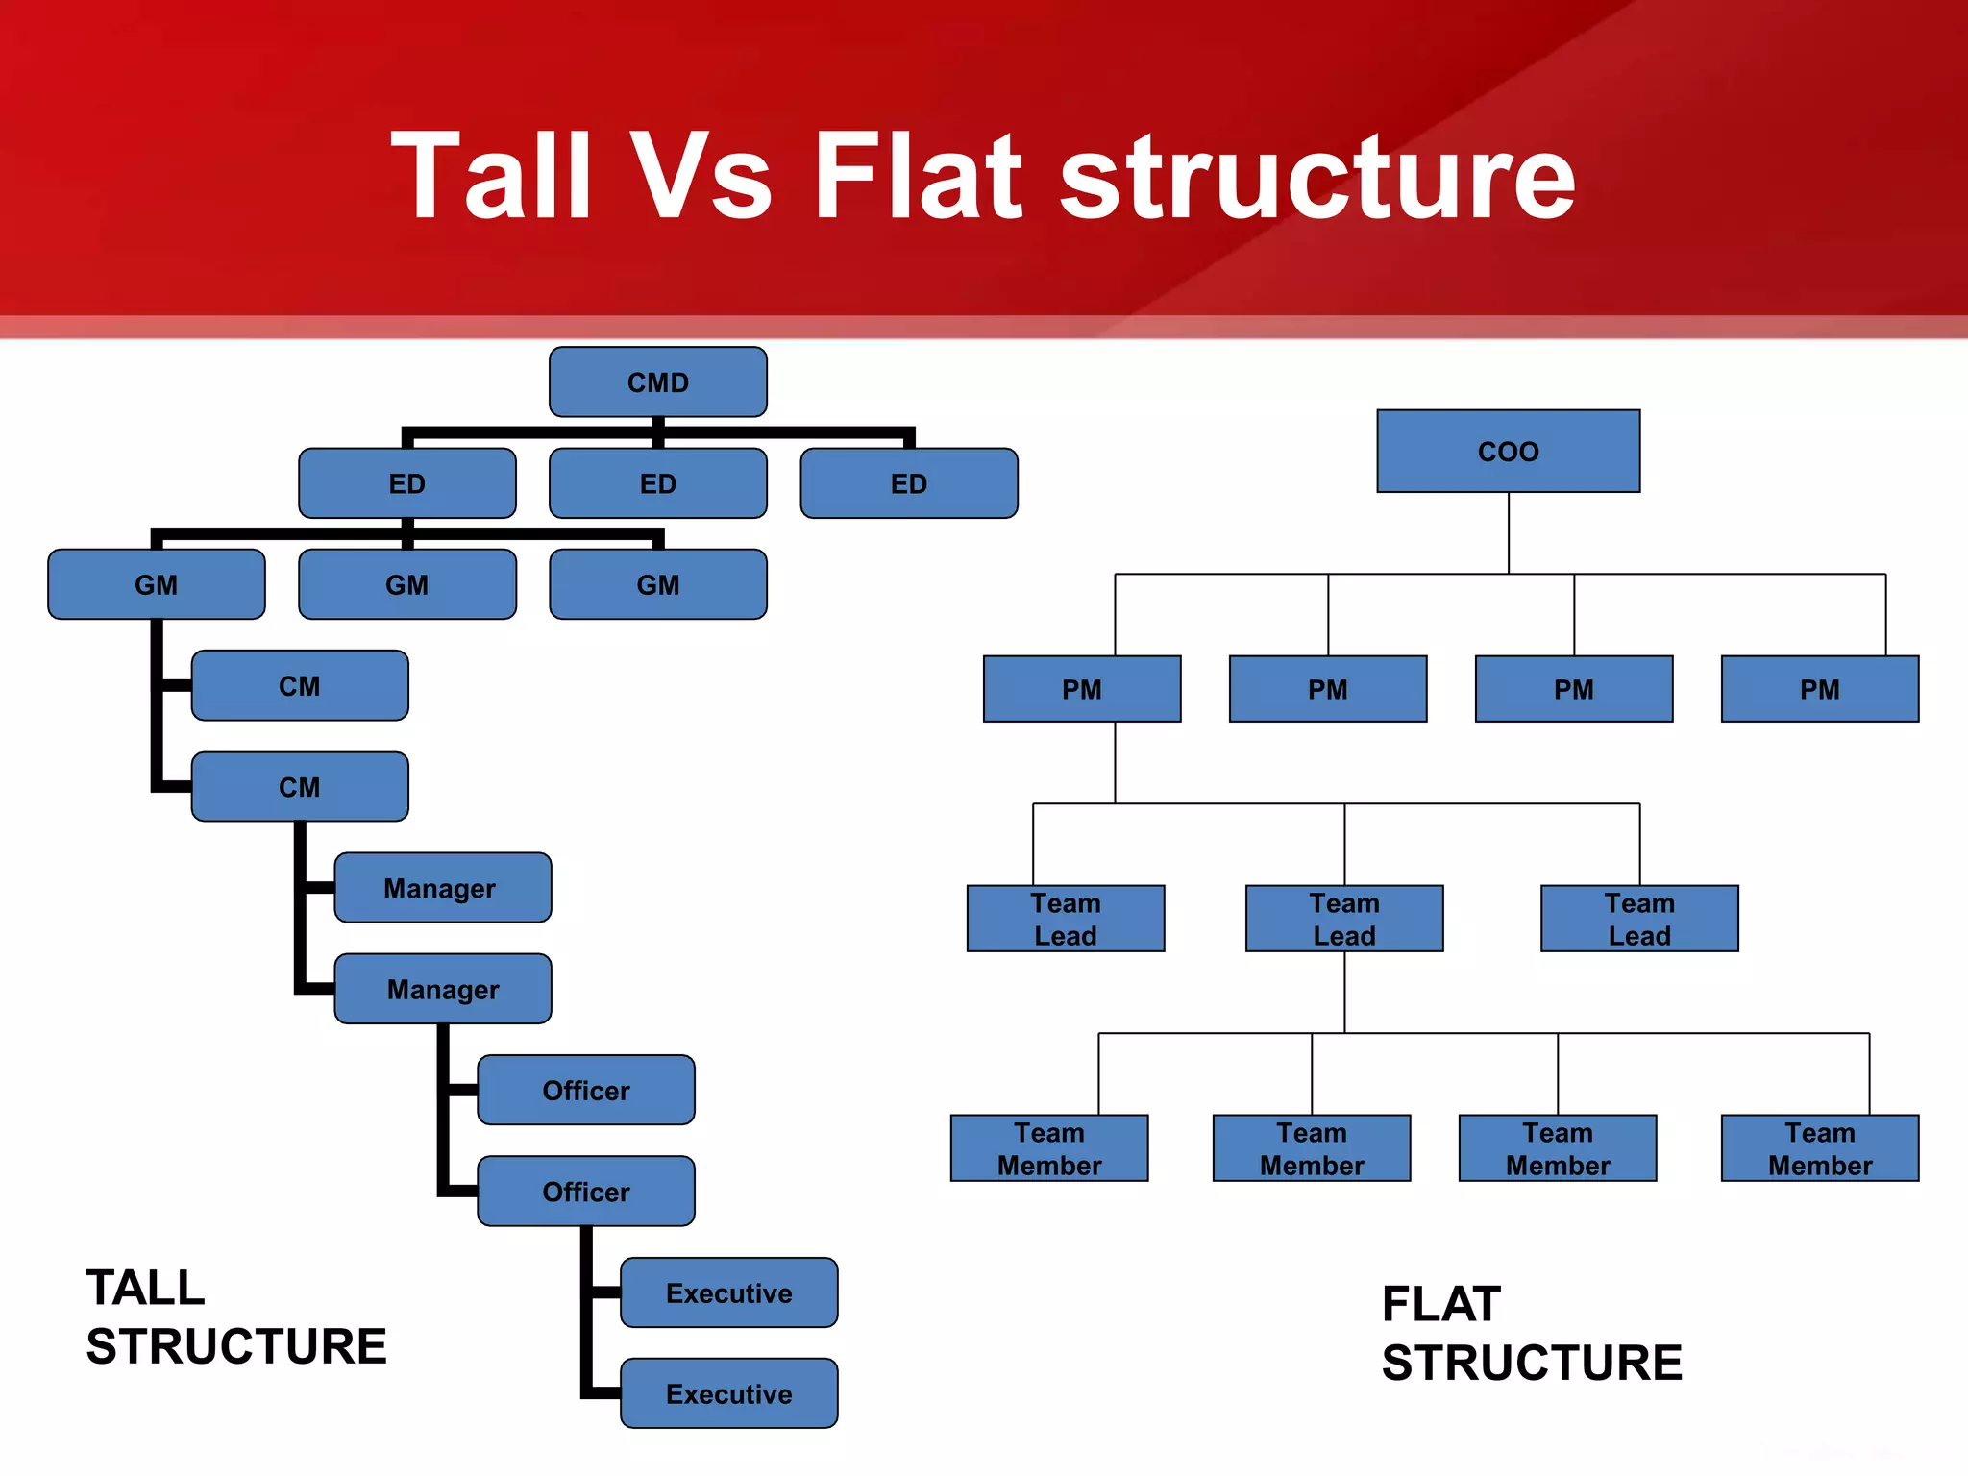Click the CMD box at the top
[x=657, y=381]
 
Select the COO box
[x=1508, y=451]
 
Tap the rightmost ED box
[x=908, y=483]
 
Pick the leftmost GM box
[x=156, y=584]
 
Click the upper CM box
[x=299, y=685]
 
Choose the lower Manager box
[x=442, y=989]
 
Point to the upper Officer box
[x=585, y=1090]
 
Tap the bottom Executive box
[x=728, y=1393]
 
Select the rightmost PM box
[x=1819, y=689]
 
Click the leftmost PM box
[x=1081, y=689]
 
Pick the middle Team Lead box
[x=1343, y=919]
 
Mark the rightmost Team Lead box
[x=1638, y=919]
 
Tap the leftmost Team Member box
[x=1048, y=1148]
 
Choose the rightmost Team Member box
[x=1819, y=1148]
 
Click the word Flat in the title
[x=918, y=177]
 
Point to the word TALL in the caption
[x=145, y=1288]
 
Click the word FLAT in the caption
[x=1440, y=1304]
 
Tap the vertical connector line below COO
[x=1508, y=533]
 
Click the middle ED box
[x=657, y=483]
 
